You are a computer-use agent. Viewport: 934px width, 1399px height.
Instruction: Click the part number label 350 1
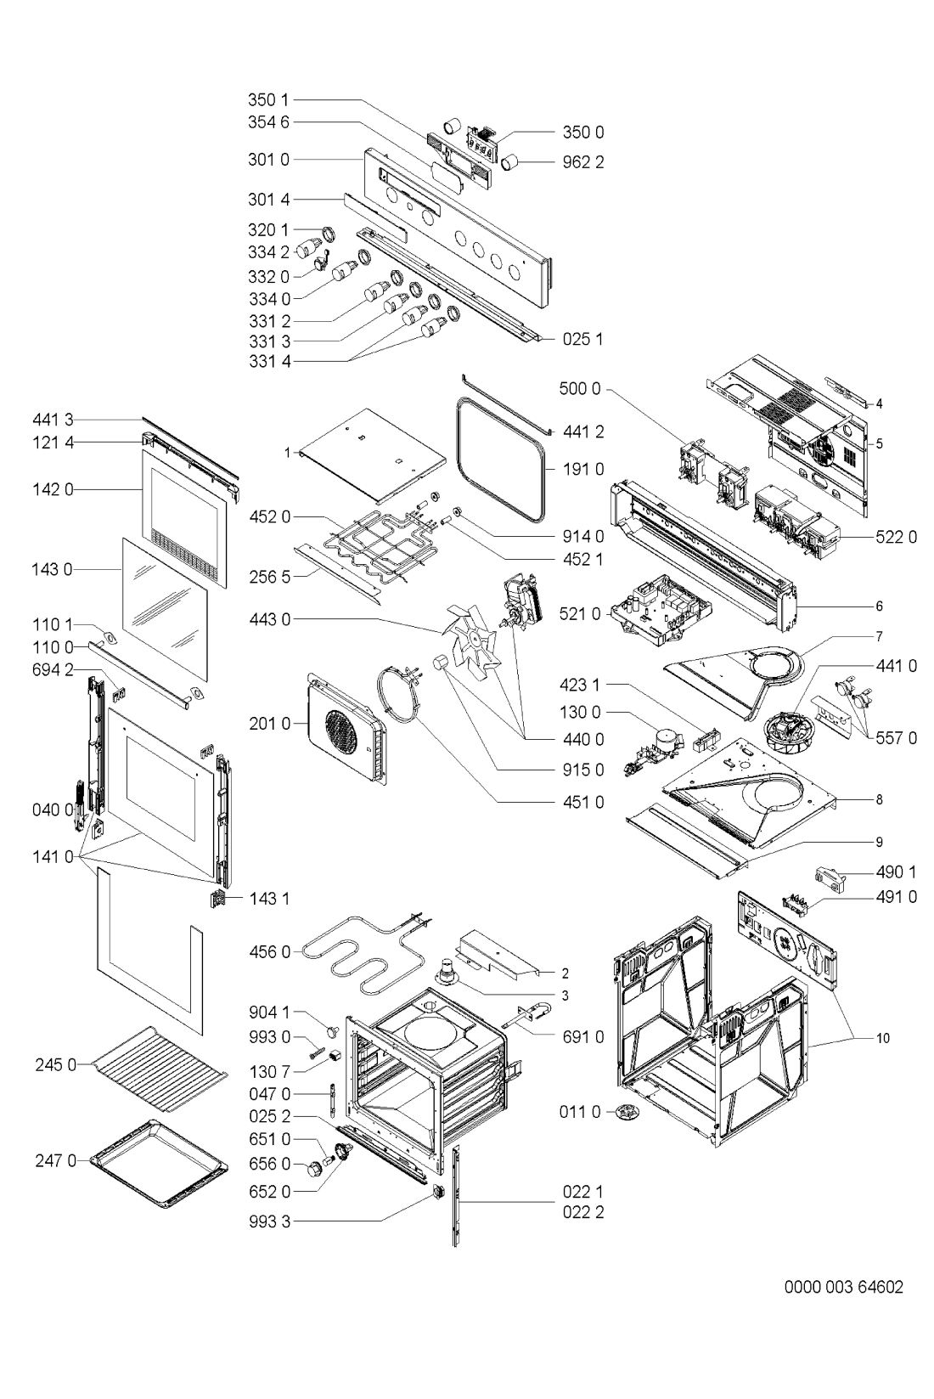point(269,100)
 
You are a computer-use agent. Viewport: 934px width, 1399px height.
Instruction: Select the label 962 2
point(583,161)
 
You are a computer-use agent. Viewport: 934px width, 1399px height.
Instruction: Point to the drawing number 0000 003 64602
point(843,1287)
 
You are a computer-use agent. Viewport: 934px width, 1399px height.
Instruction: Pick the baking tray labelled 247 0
point(159,1161)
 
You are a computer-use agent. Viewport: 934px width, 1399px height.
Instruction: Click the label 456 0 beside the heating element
point(269,952)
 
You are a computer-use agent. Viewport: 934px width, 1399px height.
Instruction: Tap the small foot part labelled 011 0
point(627,1112)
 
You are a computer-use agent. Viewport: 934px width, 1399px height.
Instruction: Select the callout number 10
point(882,1037)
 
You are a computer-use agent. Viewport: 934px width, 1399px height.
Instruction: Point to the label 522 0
point(896,538)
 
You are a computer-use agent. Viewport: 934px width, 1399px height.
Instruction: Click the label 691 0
point(583,1036)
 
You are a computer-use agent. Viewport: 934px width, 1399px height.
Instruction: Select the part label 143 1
point(269,898)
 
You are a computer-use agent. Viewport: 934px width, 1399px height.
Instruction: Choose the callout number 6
point(880,606)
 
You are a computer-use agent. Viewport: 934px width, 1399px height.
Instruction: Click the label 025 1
point(583,339)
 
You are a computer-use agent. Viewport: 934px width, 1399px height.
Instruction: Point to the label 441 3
point(53,419)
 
